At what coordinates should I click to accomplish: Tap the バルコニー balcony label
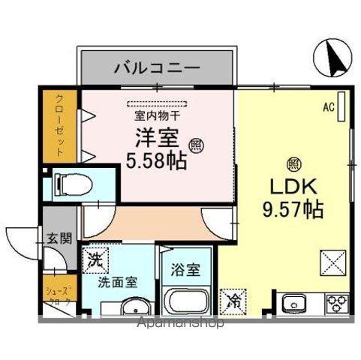(157, 68)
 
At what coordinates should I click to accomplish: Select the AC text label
(328, 107)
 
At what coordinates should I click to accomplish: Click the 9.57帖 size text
(292, 209)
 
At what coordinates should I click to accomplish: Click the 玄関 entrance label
(61, 240)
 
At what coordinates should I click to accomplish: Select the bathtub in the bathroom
(188, 304)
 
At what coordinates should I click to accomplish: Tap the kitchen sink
(293, 304)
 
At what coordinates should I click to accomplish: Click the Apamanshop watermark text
(180, 324)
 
